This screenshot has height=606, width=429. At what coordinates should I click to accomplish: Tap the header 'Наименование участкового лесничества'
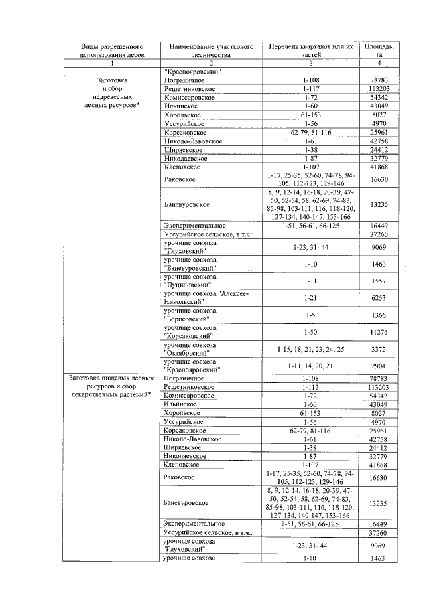click(x=210, y=51)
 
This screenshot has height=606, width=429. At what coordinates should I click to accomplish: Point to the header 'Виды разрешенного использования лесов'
click(x=111, y=51)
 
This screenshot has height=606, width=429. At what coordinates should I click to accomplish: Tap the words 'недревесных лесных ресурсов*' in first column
click(x=111, y=101)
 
